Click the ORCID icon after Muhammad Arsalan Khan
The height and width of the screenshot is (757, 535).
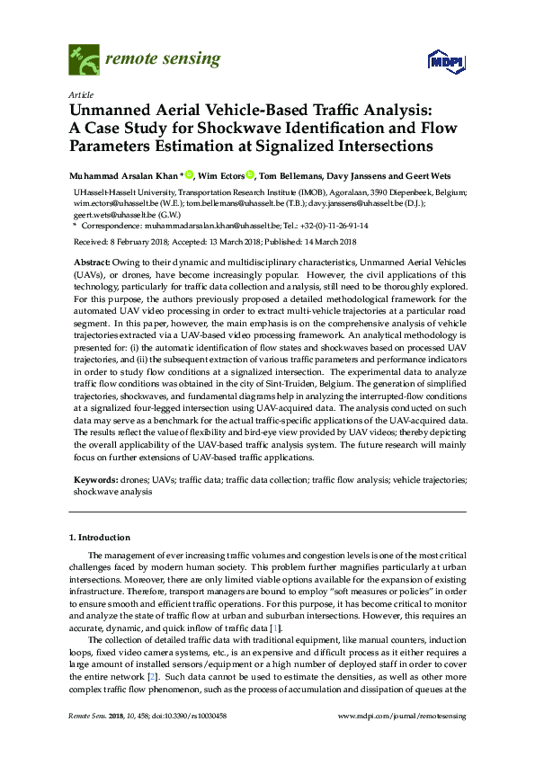(190, 174)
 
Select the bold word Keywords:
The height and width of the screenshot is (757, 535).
(94, 481)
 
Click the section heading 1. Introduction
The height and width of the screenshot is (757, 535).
(100, 538)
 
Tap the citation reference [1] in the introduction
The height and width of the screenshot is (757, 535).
(277, 627)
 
